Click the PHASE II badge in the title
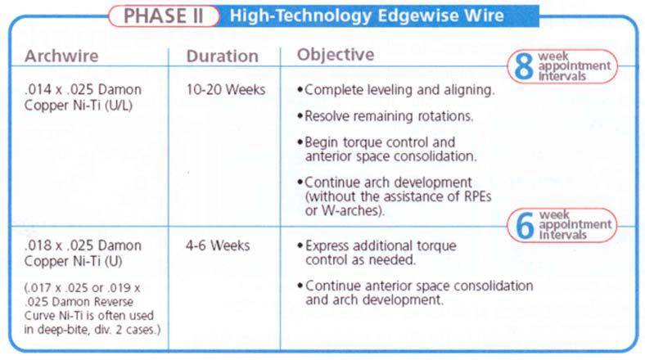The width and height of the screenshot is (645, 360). (x=164, y=16)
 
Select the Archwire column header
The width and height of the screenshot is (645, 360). (x=61, y=56)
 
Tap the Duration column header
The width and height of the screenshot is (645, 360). (x=222, y=56)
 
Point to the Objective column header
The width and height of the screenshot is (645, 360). (x=336, y=55)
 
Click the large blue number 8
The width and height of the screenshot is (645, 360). (x=523, y=66)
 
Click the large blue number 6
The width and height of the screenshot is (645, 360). (x=525, y=225)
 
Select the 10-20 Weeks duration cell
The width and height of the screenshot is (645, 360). (x=225, y=89)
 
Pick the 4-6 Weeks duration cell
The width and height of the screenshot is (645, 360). (x=218, y=245)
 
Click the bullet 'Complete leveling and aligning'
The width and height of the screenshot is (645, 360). (x=395, y=90)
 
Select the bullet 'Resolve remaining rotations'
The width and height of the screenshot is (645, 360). (x=385, y=116)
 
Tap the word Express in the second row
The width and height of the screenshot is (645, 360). (x=327, y=246)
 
